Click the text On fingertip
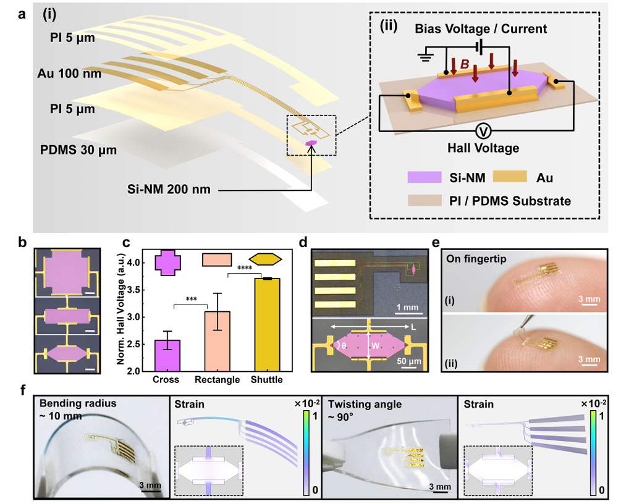tap(478, 259)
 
